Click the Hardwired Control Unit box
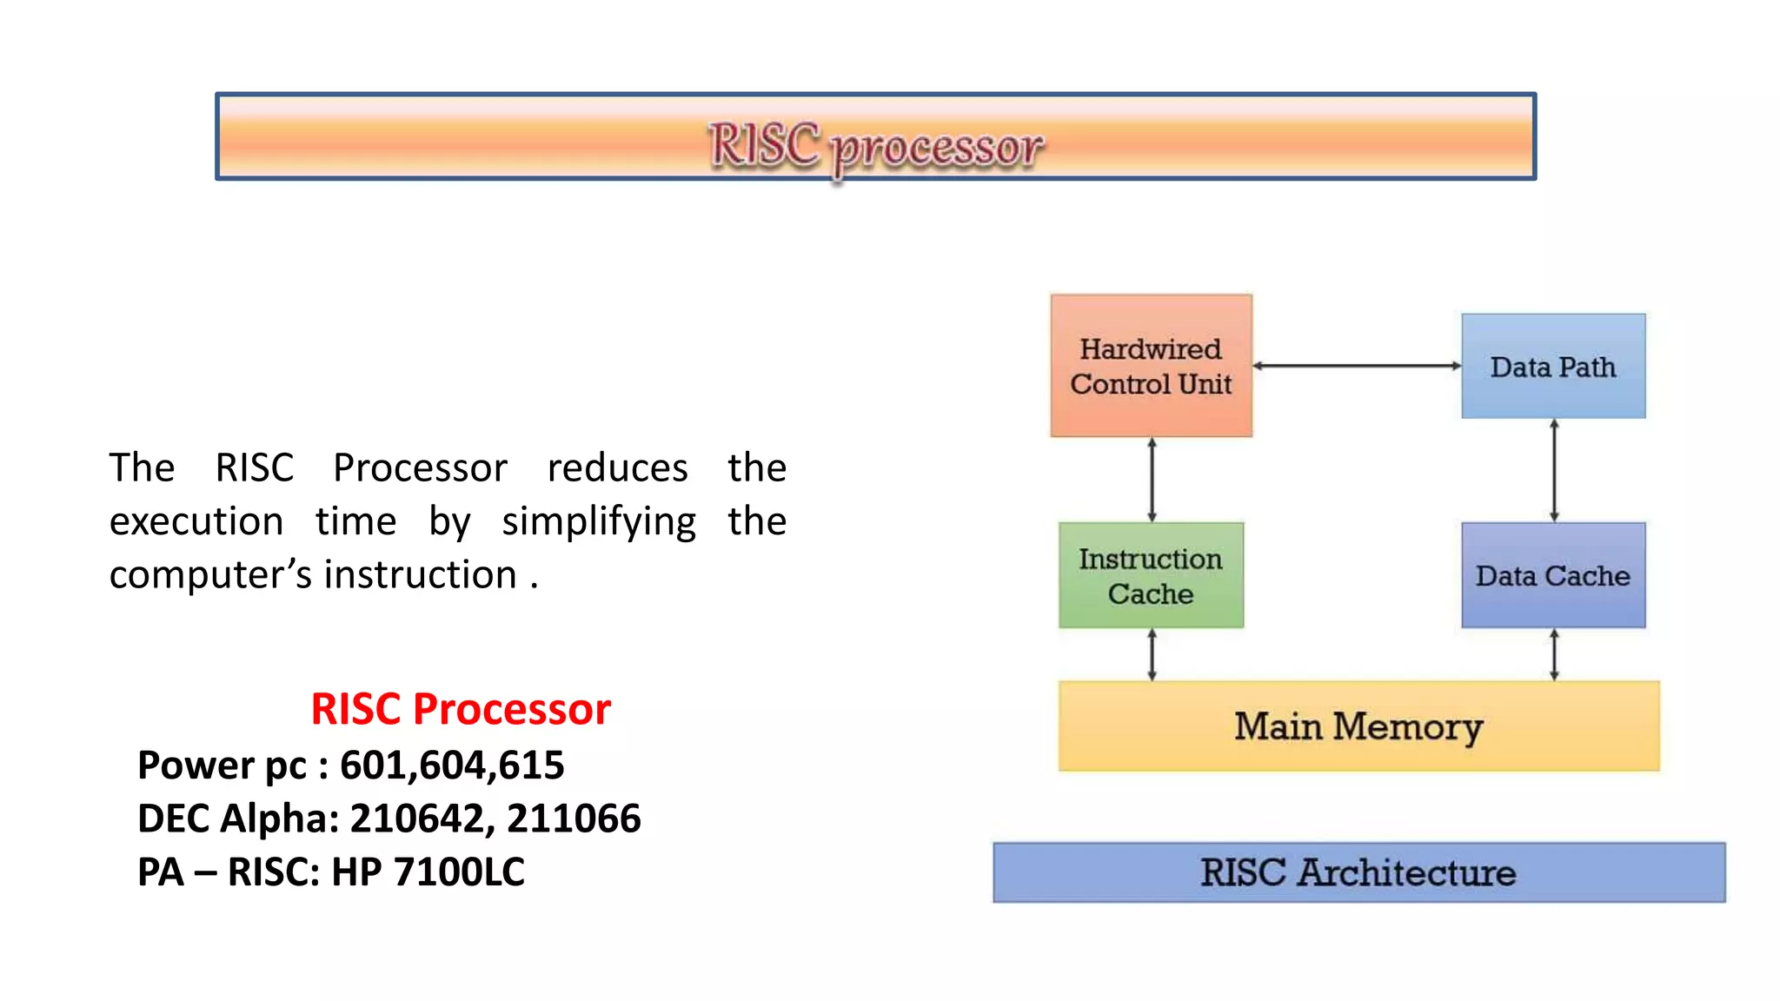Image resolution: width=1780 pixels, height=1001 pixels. click(1151, 366)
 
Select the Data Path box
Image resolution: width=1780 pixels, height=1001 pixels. click(1553, 366)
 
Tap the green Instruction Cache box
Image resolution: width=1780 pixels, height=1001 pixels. click(1151, 575)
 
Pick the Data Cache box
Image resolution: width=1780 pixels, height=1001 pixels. click(1553, 575)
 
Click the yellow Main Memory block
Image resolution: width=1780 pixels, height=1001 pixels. click(1358, 726)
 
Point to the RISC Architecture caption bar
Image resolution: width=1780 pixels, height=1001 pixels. click(1358, 872)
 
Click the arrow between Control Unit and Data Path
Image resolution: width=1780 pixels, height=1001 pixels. click(1357, 366)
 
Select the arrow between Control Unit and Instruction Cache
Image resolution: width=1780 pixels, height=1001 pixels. click(1152, 480)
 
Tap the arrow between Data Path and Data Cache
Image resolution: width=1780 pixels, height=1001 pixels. click(1554, 470)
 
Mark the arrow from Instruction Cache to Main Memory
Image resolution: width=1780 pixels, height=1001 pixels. click(1152, 655)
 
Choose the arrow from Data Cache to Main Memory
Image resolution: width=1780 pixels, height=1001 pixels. click(1554, 655)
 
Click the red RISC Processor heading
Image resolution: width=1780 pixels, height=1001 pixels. click(461, 709)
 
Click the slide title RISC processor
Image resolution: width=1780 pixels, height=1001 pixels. click(875, 146)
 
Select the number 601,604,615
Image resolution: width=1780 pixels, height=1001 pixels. click(452, 766)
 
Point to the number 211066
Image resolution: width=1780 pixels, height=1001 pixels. click(574, 819)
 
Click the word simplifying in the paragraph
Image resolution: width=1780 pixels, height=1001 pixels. click(599, 521)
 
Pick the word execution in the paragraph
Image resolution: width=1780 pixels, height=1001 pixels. click(196, 521)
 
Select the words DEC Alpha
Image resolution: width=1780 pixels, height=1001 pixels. click(236, 819)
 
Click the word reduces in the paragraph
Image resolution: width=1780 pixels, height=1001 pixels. click(617, 467)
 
